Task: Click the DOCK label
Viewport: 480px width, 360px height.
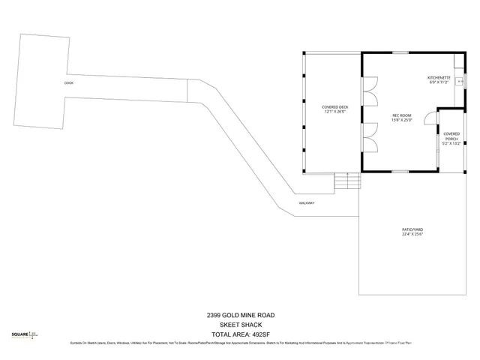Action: [x=68, y=82]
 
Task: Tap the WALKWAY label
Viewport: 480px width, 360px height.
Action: [x=305, y=203]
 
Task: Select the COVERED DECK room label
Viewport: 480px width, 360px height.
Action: [x=335, y=107]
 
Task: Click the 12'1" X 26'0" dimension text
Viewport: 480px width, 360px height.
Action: [x=335, y=112]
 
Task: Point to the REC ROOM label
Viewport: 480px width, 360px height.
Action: [x=403, y=115]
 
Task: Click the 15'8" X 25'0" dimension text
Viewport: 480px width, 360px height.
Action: [x=403, y=120]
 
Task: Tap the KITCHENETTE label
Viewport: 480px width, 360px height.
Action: [x=438, y=77]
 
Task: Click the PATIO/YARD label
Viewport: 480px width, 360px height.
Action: [x=412, y=229]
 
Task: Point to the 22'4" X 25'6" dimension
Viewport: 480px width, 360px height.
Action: [x=412, y=235]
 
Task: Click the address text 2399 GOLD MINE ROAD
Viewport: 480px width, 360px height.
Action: [x=240, y=315]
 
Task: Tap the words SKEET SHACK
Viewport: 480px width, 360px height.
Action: [x=240, y=325]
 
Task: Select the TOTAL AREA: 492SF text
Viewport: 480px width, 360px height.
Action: [x=240, y=334]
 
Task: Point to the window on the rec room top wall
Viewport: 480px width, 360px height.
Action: [x=409, y=52]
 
